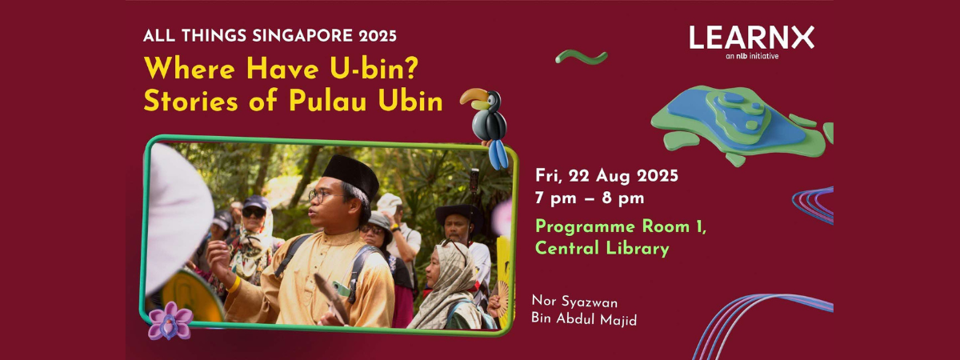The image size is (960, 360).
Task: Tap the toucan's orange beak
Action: [474, 97]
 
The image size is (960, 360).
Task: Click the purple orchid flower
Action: [170, 321]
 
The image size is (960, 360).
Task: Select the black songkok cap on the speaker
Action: [350, 176]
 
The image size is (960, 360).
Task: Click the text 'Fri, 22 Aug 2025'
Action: [606, 176]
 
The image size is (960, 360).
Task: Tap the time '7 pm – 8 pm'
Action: [590, 198]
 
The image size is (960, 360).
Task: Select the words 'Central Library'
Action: [602, 248]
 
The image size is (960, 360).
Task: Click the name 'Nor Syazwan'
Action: [574, 302]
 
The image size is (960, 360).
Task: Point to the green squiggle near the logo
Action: [582, 57]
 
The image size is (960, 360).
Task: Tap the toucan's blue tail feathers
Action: [498, 154]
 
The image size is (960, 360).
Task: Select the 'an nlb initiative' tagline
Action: [752, 56]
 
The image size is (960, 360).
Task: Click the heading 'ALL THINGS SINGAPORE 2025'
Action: [270, 35]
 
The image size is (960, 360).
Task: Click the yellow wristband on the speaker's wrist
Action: [234, 285]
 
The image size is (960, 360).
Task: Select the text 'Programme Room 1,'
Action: [621, 227]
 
